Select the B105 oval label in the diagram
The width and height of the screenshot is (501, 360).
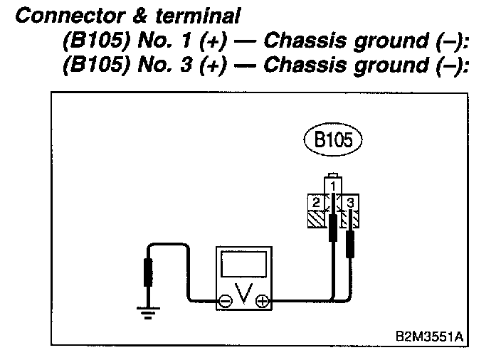pyautogui.click(x=332, y=140)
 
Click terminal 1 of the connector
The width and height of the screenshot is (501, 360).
pyautogui.click(x=332, y=186)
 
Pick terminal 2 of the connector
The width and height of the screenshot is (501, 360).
pyautogui.click(x=314, y=203)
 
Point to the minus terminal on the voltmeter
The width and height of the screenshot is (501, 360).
pyautogui.click(x=225, y=301)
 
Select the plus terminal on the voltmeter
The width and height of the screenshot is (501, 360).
pyautogui.click(x=263, y=301)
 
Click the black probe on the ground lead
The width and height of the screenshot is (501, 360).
pyautogui.click(x=147, y=272)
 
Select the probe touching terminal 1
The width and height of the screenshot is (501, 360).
pyautogui.click(x=332, y=230)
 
